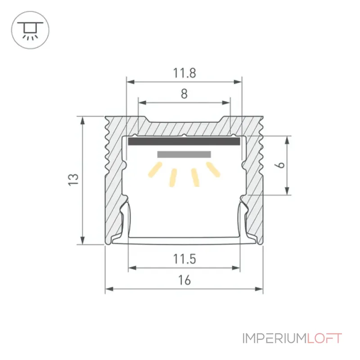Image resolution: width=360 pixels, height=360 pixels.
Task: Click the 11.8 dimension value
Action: click(x=184, y=73)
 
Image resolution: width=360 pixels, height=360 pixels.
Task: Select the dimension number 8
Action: click(x=184, y=94)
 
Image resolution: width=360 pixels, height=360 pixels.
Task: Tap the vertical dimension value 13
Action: click(x=73, y=179)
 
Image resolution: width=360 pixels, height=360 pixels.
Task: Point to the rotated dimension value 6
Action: click(x=280, y=165)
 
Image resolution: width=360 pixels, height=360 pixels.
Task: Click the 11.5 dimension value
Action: click(x=184, y=259)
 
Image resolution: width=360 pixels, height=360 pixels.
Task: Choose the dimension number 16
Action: click(x=184, y=280)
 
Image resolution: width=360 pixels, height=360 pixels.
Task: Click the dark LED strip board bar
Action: click(x=184, y=141)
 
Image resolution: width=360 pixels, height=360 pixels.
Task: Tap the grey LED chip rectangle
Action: click(x=184, y=154)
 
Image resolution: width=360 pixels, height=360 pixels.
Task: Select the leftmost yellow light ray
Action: click(x=155, y=170)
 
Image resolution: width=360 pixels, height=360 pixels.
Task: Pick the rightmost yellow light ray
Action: click(x=213, y=170)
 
